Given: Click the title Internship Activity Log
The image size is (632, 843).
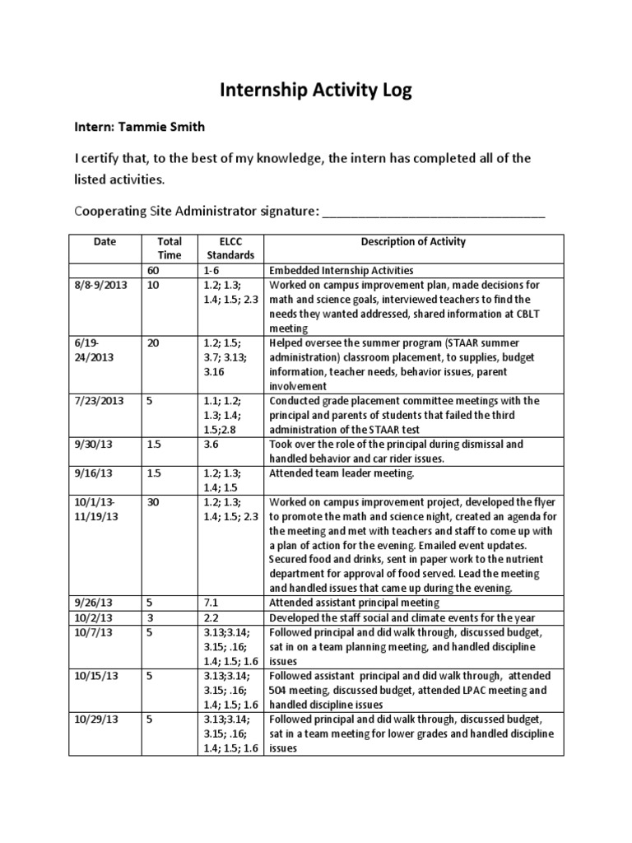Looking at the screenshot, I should tap(315, 91).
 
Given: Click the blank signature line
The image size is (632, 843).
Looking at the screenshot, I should tap(433, 212).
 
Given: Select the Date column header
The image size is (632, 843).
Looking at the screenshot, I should tap(105, 242).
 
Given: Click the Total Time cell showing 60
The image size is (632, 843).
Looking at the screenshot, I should tap(152, 270).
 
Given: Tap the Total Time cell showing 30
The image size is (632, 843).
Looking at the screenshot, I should tap(152, 501).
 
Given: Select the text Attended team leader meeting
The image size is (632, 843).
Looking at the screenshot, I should tap(336, 473).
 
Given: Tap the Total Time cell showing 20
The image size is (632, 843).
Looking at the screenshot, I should tap(152, 343).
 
